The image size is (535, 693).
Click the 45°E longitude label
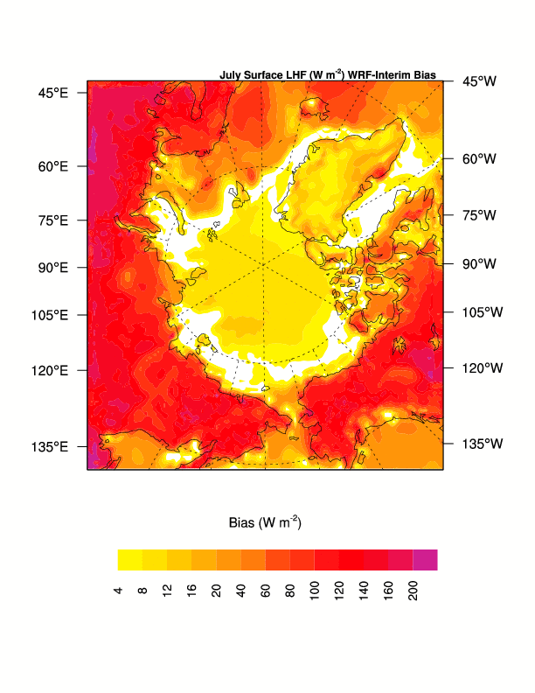(x=52, y=93)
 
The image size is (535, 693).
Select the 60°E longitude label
(x=52, y=166)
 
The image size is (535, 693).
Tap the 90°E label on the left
(x=52, y=268)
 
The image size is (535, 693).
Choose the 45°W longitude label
(x=479, y=81)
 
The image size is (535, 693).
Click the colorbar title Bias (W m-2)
(x=265, y=522)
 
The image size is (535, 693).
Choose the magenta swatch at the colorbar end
(x=426, y=560)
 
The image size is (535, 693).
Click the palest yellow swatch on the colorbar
(x=130, y=560)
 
